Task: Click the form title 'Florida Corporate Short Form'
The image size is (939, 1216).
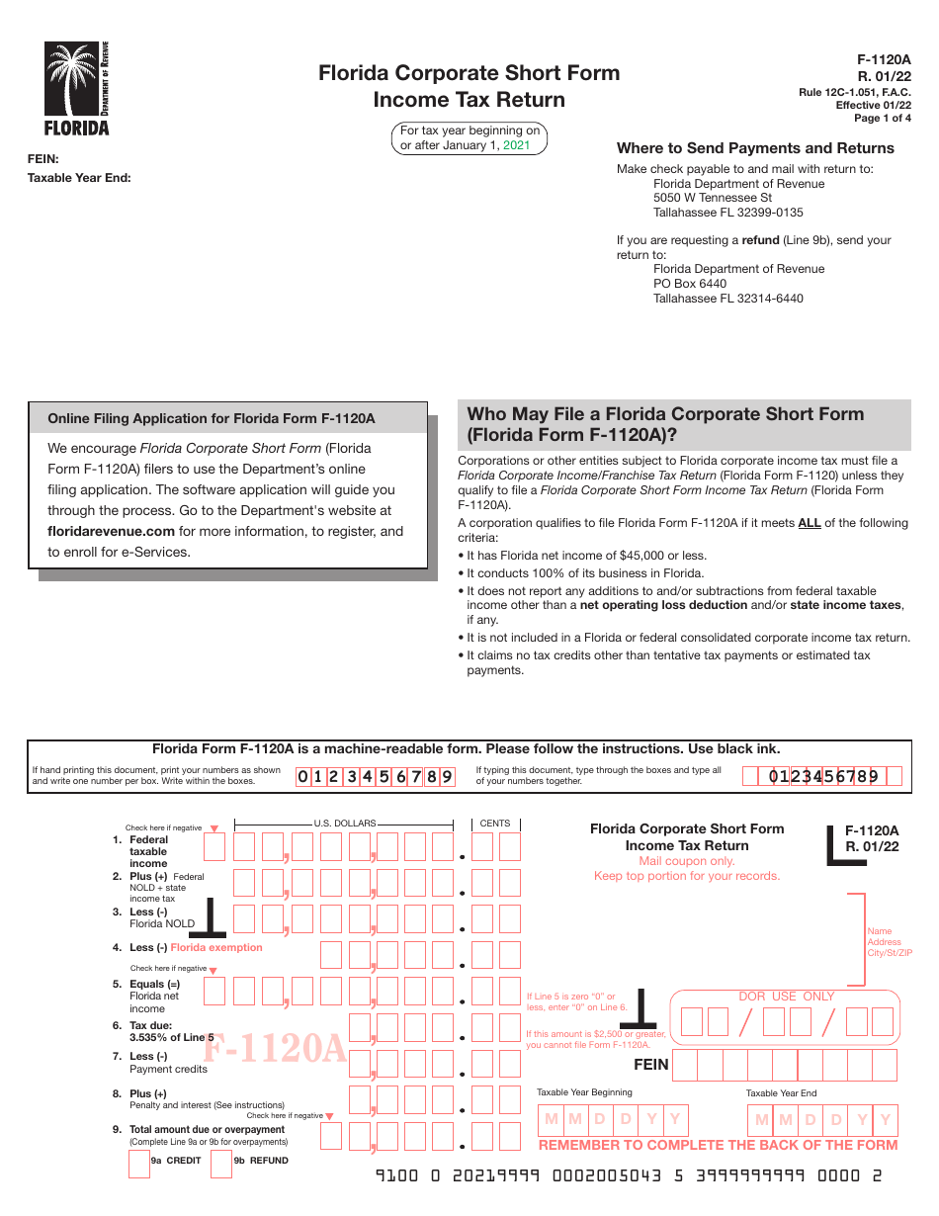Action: pos(469,73)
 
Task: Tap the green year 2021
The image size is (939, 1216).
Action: pos(517,145)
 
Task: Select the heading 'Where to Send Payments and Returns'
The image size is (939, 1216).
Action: pos(755,148)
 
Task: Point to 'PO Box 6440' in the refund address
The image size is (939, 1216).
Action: pos(690,284)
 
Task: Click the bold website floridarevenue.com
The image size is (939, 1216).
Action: pos(111,531)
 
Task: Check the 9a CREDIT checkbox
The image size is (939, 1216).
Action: pos(139,1165)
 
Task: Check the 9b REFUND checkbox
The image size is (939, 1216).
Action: pos(222,1165)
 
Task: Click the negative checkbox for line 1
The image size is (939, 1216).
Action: pos(214,847)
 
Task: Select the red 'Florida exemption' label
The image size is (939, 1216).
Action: pos(216,947)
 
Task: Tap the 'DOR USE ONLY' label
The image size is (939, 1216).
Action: pos(787,997)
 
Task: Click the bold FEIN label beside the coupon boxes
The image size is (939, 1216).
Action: pos(651,1065)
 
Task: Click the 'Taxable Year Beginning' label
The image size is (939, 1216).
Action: pos(584,1092)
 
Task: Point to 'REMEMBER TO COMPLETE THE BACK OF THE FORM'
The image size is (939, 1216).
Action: pos(718,1145)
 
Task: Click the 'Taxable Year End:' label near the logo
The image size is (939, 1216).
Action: pos(79,178)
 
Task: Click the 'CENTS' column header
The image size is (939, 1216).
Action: pos(495,823)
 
